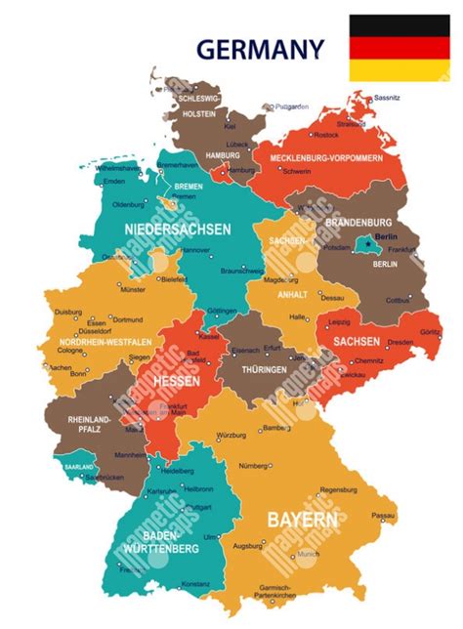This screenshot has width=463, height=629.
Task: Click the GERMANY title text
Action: (259, 48)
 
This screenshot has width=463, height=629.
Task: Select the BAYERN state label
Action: (303, 519)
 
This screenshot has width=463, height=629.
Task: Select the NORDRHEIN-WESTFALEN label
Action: (105, 342)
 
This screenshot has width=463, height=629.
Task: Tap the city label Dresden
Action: (400, 342)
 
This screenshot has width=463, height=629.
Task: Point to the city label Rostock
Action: (326, 135)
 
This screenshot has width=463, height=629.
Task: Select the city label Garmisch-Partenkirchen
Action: (275, 590)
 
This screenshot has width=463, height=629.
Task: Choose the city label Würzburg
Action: (231, 434)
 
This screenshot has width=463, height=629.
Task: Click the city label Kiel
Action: (230, 126)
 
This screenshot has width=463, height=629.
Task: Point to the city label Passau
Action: (384, 514)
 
